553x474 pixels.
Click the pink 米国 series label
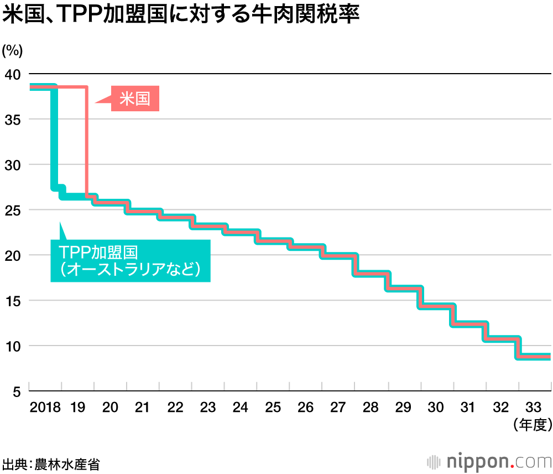point(135,99)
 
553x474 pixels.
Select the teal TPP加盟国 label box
point(131,261)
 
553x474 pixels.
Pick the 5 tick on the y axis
point(17,391)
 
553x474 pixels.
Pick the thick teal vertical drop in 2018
point(54,138)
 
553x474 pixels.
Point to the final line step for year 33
point(534,357)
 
